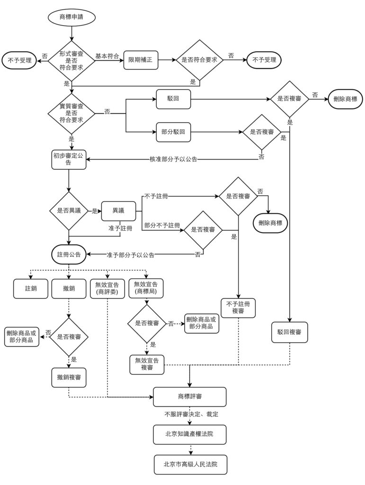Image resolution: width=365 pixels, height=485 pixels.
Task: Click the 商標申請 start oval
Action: coord(71,18)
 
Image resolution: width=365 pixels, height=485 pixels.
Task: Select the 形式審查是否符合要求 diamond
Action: coord(71,61)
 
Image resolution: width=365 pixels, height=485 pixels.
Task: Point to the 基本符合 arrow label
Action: coord(107,56)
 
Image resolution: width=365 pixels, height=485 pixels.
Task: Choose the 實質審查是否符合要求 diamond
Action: coord(71,113)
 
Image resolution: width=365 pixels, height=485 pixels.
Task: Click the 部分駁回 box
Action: coord(173,132)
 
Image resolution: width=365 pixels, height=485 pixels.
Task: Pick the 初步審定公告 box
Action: coord(69,160)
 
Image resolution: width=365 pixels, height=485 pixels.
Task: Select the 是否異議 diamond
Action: coord(69,210)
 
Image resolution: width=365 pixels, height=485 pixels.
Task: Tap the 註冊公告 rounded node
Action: coord(69,254)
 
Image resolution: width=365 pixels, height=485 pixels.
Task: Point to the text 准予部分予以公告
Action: coord(131,255)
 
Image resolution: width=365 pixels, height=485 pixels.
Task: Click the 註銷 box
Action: coord(31,288)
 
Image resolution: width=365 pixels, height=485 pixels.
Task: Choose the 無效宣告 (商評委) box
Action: coord(107,288)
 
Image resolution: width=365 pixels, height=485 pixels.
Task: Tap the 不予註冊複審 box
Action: coord(238,307)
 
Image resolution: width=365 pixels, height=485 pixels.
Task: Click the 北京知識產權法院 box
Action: coord(189,434)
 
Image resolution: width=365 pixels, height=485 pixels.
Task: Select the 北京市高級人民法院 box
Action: coord(189,464)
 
